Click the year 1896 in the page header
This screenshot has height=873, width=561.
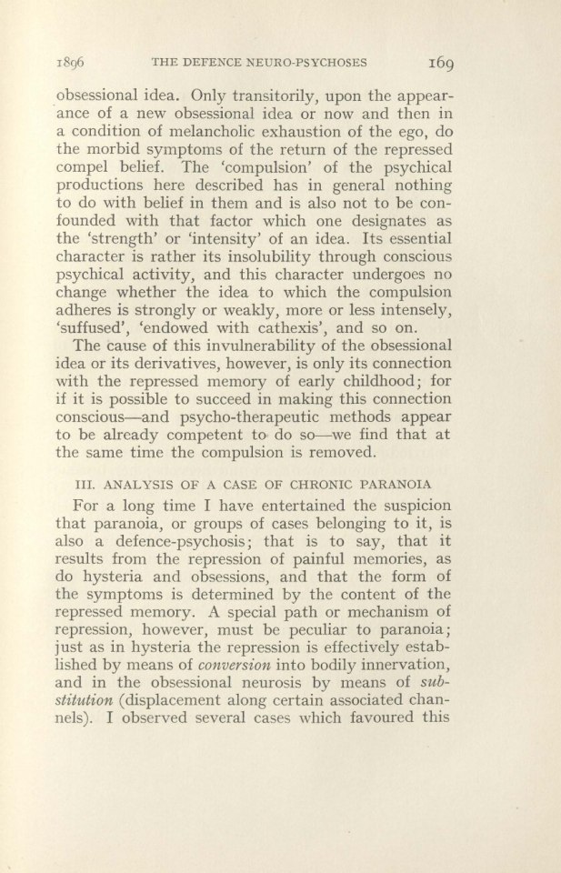coord(73,64)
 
